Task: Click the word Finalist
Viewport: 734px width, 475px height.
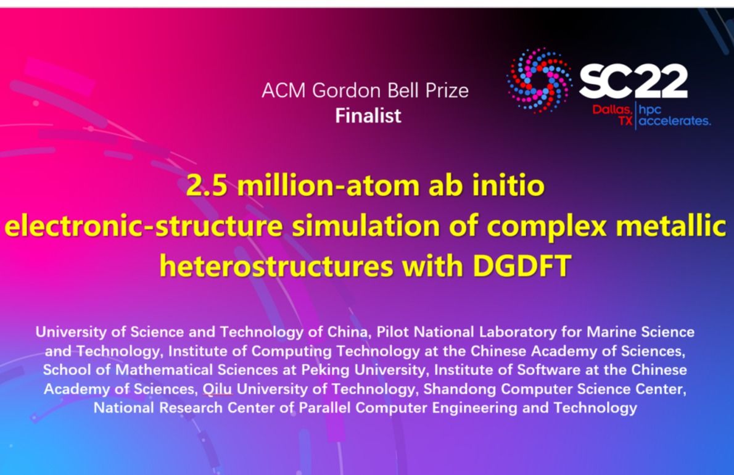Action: [368, 115]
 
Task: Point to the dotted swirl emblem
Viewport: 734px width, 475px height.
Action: [539, 80]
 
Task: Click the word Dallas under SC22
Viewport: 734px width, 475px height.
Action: [612, 110]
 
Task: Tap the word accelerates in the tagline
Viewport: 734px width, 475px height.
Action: [675, 121]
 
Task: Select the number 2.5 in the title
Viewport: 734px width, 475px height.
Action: [207, 185]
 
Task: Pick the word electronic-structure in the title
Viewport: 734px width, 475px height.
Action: [144, 226]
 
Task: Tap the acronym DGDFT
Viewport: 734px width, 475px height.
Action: [521, 266]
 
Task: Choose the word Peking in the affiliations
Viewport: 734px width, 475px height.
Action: [325, 370]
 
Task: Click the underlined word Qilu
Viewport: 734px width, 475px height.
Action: [217, 389]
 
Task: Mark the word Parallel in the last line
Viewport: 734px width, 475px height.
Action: [325, 408]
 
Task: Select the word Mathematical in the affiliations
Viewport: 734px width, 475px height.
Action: [164, 370]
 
